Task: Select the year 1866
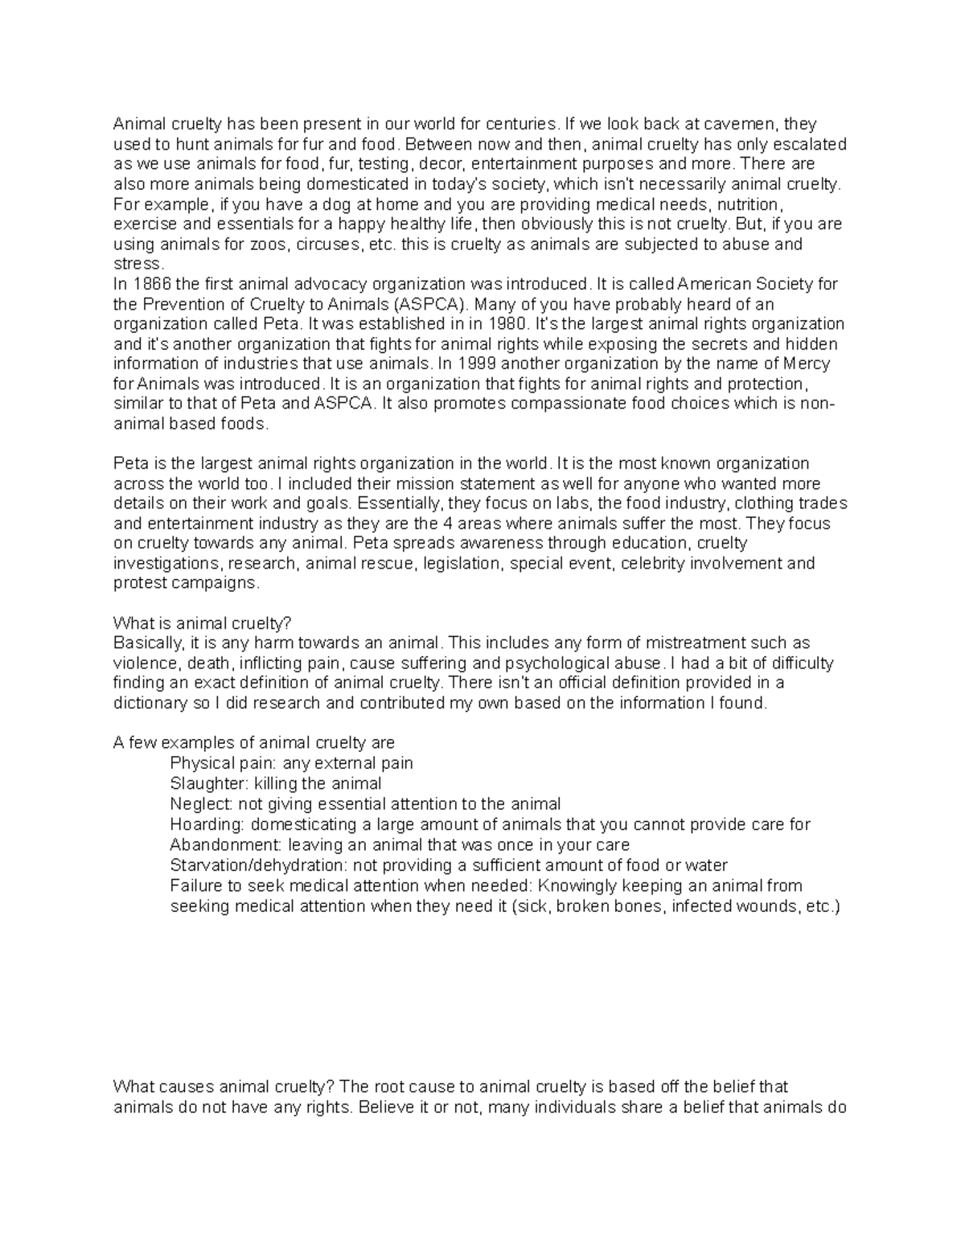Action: (154, 284)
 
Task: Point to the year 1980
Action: (506, 324)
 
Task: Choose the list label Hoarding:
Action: (207, 824)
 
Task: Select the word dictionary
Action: (149, 703)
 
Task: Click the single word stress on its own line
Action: (138, 264)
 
